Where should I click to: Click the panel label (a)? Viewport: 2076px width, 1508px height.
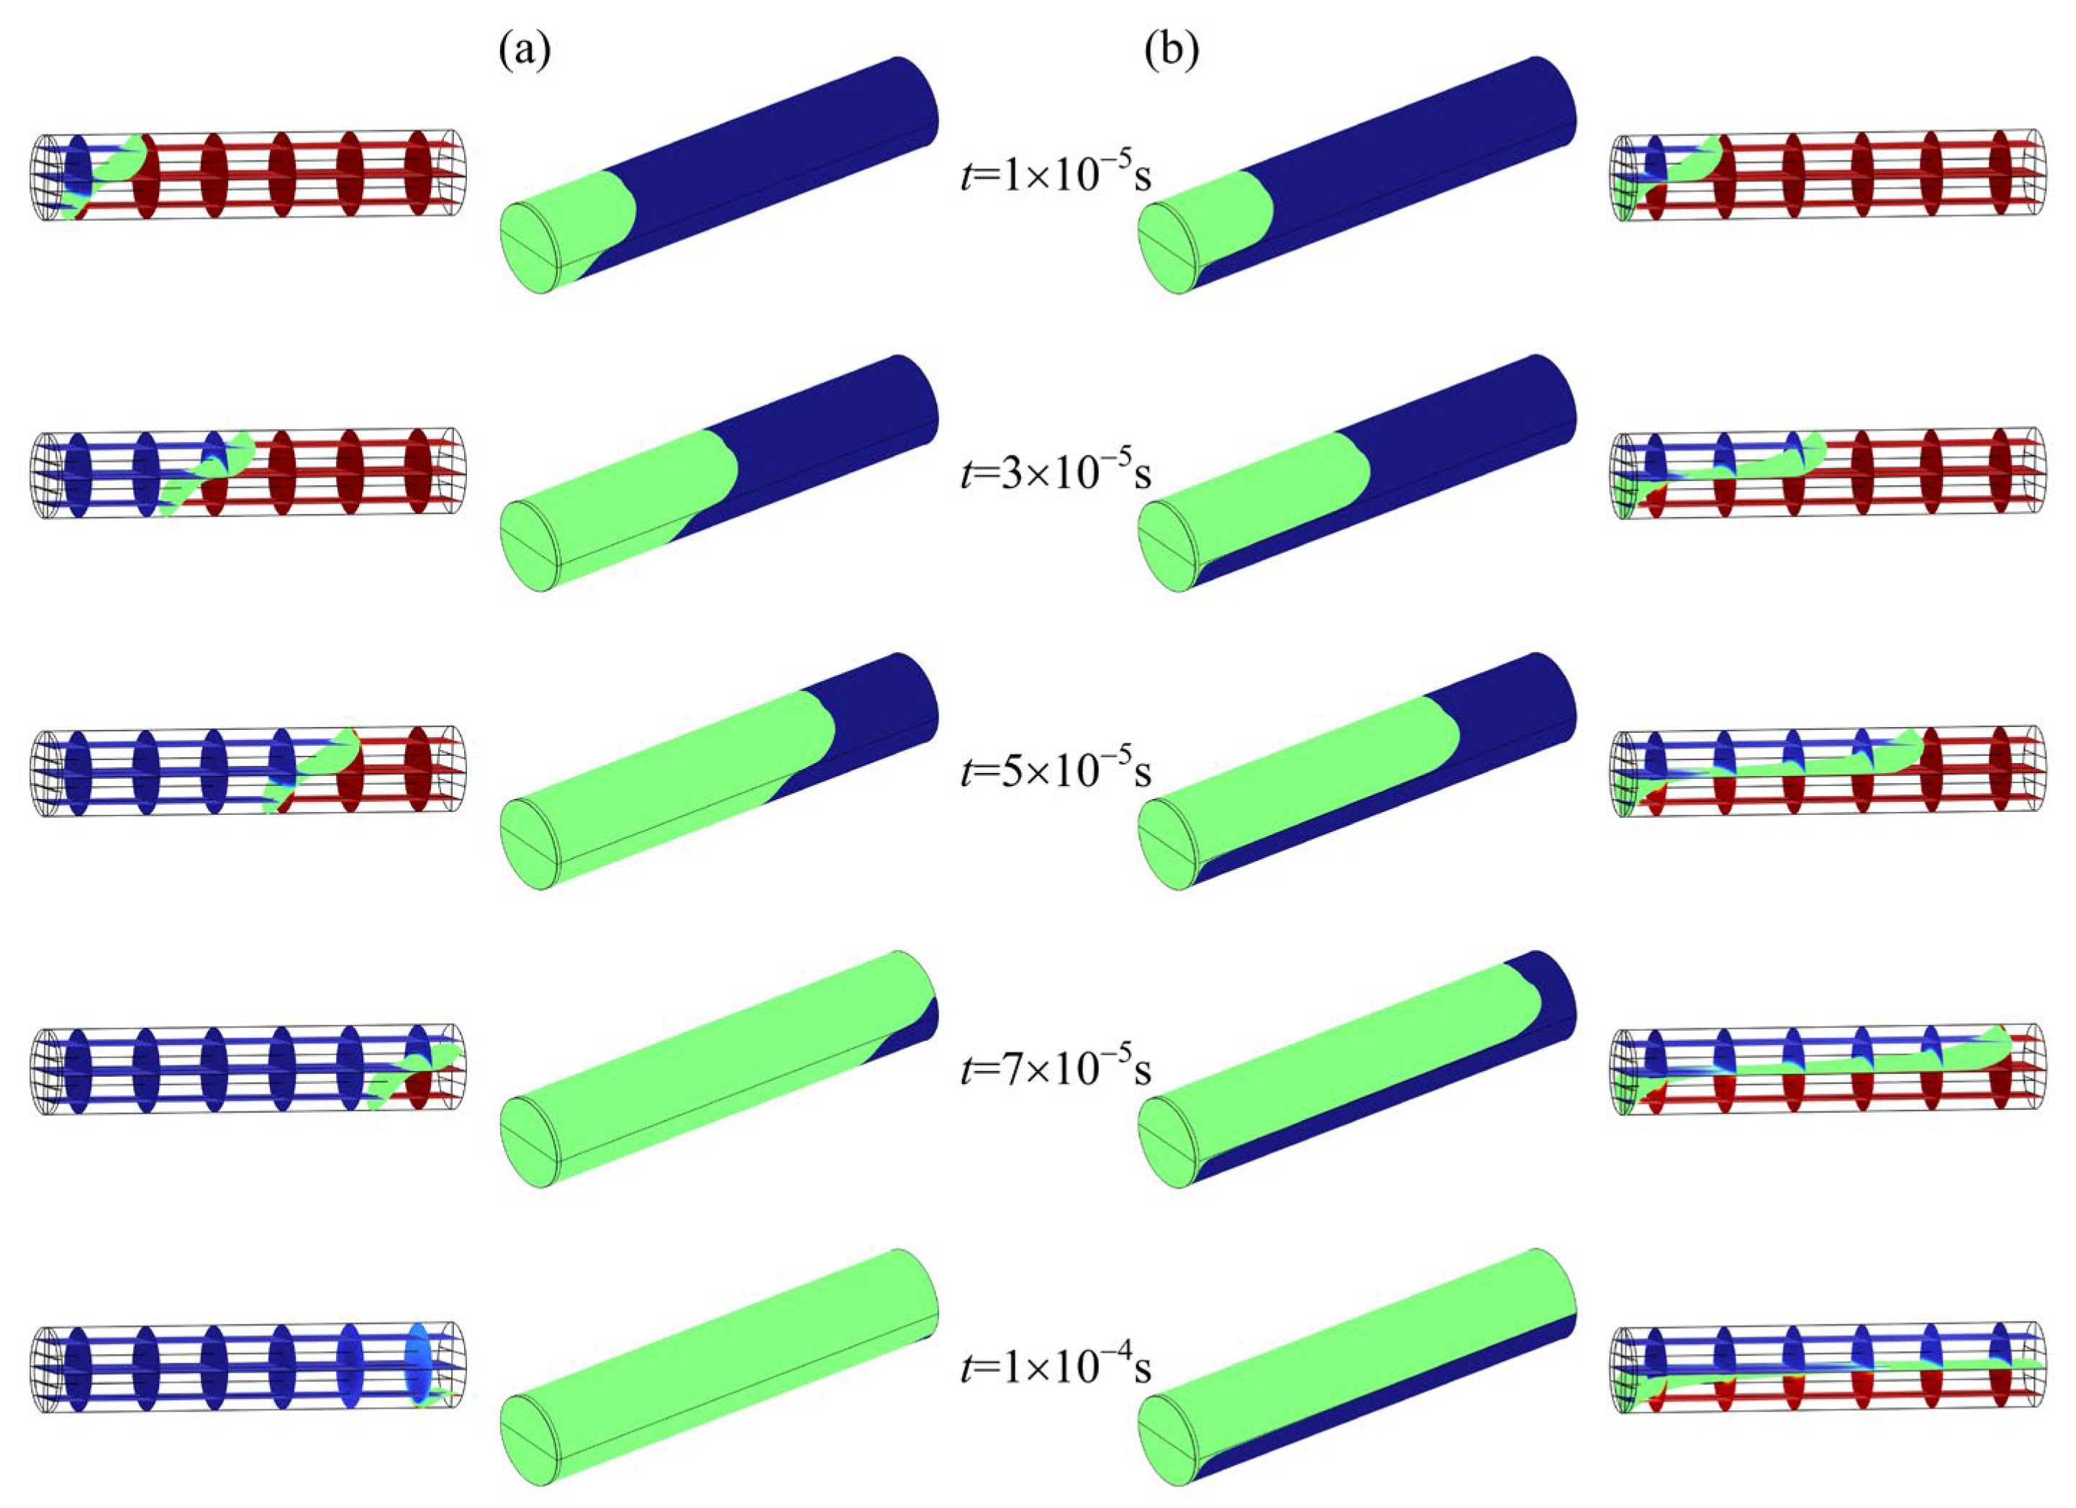pyautogui.click(x=525, y=53)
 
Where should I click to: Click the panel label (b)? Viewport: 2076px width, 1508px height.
pyautogui.click(x=1171, y=53)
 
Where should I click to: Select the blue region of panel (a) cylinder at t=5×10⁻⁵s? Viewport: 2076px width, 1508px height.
pyautogui.click(x=879, y=714)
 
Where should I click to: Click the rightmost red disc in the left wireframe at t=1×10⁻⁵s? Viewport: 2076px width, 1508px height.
pyautogui.click(x=418, y=175)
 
